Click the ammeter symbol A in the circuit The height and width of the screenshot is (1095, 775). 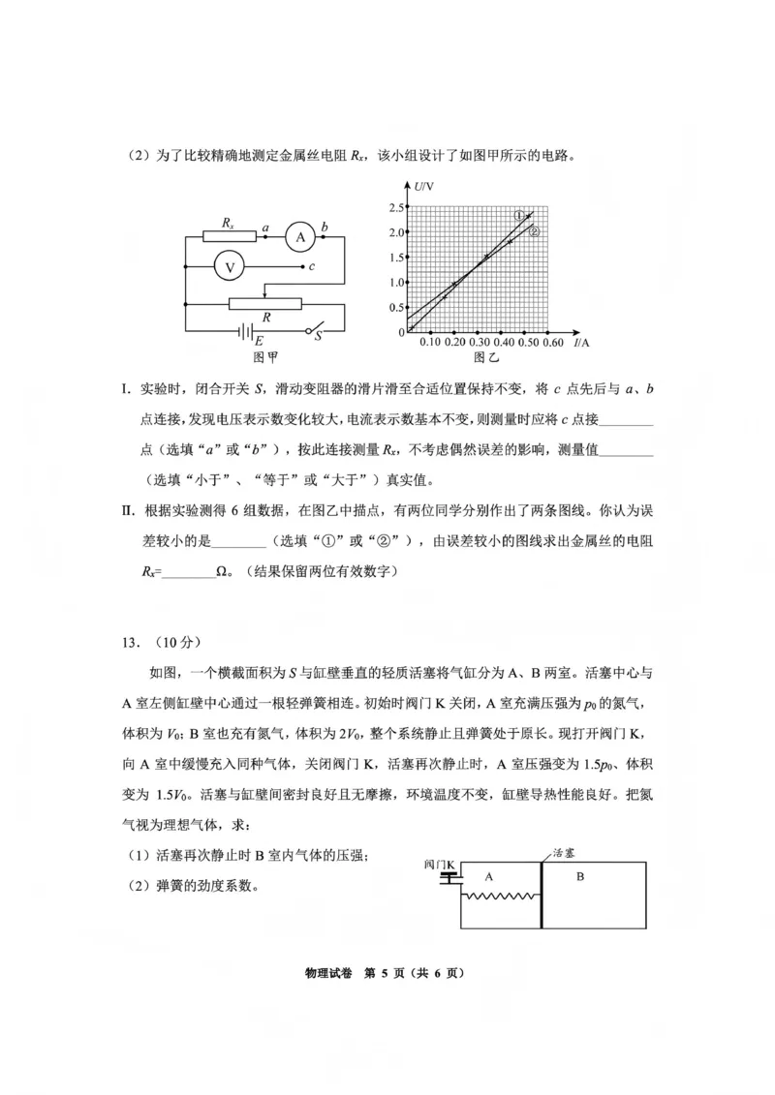[x=300, y=236]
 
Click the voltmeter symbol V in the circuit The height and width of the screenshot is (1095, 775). [x=231, y=266]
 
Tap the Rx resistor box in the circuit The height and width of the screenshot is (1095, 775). [x=229, y=236]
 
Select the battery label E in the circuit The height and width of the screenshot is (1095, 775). [x=259, y=341]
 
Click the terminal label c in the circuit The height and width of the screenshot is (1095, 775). [x=311, y=266]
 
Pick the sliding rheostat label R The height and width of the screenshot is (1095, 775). [x=265, y=317]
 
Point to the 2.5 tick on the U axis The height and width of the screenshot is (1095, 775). [x=395, y=208]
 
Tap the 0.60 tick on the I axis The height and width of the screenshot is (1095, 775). [x=552, y=343]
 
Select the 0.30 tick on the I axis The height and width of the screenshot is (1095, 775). [x=480, y=343]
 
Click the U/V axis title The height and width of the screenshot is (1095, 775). [x=423, y=186]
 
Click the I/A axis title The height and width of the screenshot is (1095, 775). [x=581, y=343]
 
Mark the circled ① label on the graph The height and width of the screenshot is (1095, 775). [x=519, y=216]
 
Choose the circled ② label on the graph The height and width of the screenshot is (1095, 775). [x=533, y=232]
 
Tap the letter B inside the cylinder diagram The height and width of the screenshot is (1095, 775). [x=580, y=877]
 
